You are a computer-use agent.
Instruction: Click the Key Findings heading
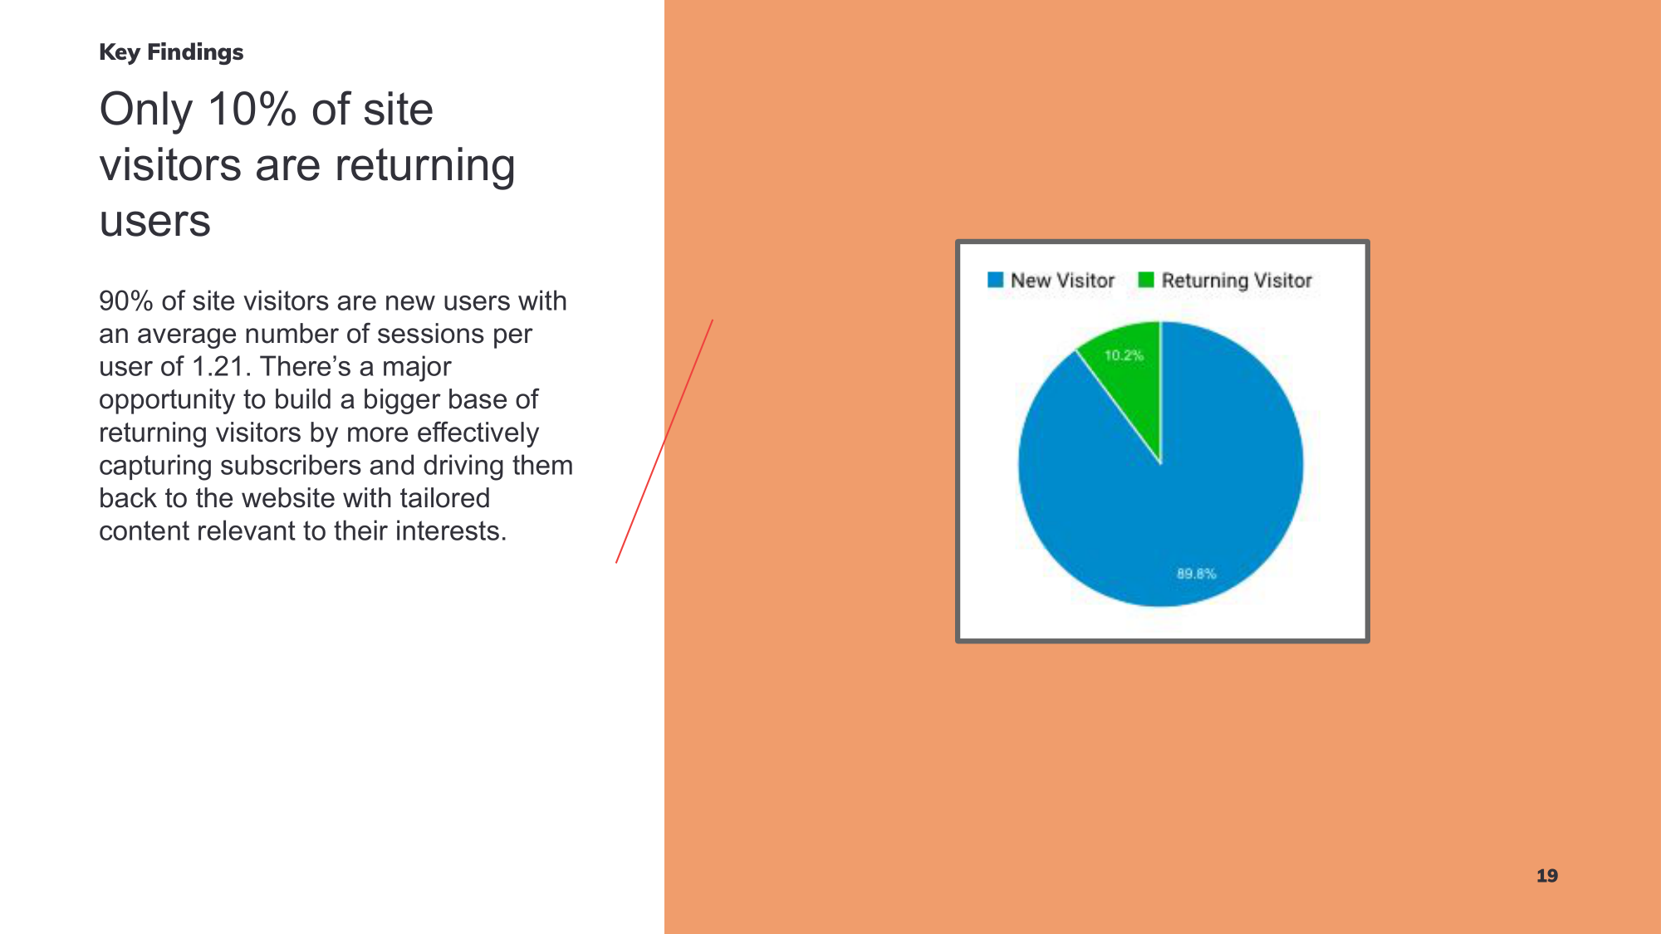[171, 52]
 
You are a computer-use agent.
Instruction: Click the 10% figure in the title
[252, 110]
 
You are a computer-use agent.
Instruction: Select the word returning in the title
[425, 166]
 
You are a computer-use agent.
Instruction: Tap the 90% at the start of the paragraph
[126, 301]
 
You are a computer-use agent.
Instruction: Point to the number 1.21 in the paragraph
[221, 366]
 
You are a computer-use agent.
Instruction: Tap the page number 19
[1547, 876]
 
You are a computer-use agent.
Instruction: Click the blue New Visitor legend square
[995, 280]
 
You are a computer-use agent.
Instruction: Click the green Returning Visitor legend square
[1146, 280]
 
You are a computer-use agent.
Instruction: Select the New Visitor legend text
[1062, 281]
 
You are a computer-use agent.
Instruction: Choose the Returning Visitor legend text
[1237, 281]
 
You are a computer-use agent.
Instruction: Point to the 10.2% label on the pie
[1124, 355]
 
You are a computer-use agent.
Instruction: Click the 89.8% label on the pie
[1196, 574]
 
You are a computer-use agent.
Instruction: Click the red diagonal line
[664, 442]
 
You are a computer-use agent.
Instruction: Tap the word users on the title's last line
[155, 222]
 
